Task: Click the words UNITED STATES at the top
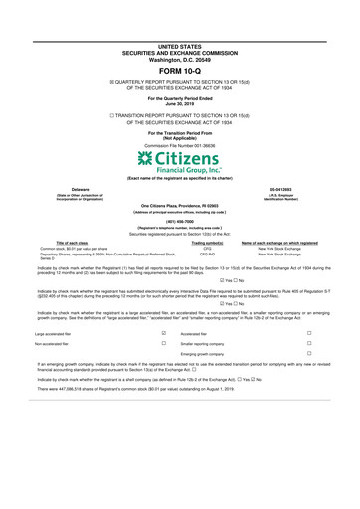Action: pos(179,46)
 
